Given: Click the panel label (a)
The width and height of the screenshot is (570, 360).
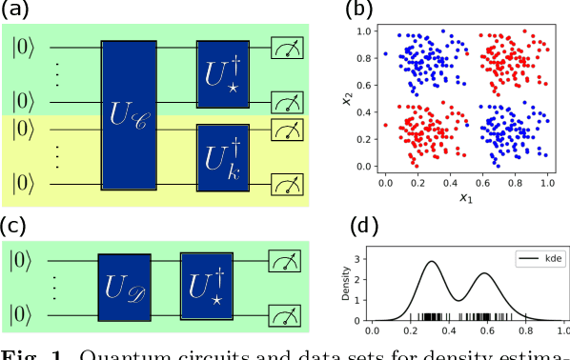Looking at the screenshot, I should (x=16, y=10).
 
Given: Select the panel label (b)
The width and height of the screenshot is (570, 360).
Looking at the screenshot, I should (x=359, y=10).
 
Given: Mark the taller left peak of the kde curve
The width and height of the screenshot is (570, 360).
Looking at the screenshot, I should (x=432, y=261).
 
